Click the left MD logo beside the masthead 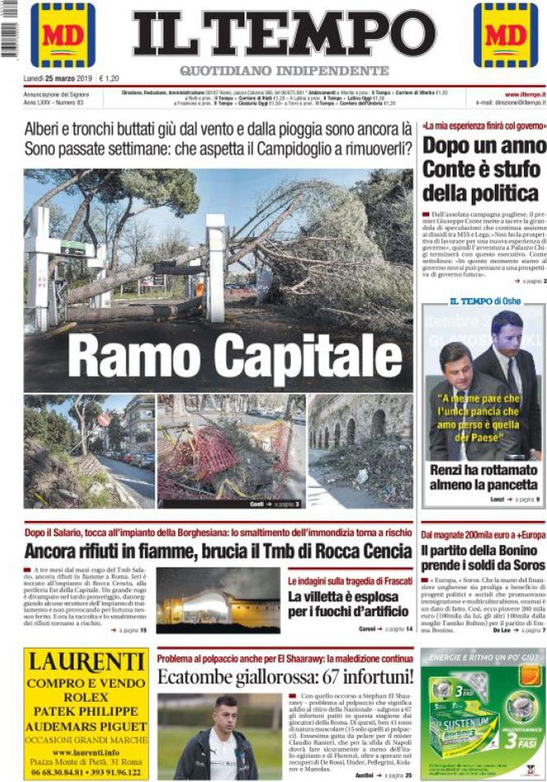click(x=63, y=35)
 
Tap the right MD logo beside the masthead click(x=506, y=35)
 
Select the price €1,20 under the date click(x=108, y=79)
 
